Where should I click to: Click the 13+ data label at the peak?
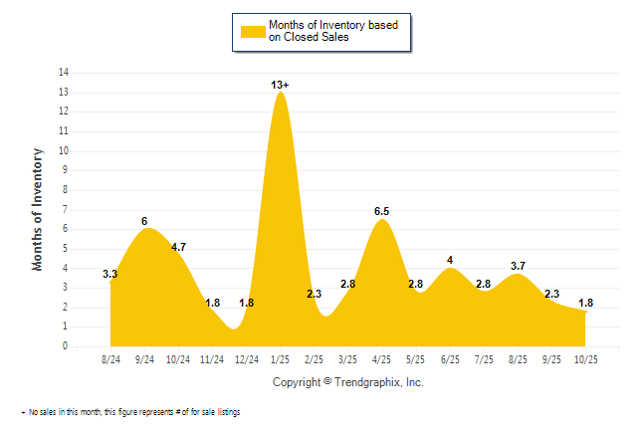282,86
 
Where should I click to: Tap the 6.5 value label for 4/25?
381,211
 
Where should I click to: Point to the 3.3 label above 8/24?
111,274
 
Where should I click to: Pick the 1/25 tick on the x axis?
280,358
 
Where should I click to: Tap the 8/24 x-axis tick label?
110,358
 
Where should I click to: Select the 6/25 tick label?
450,358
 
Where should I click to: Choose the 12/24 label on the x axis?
246,358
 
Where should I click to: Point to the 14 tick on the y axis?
64,73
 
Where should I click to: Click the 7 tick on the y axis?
66,210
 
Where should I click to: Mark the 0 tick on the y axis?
66,347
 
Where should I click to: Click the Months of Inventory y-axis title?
39,209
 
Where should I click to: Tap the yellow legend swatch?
252,31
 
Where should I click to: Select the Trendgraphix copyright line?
347,382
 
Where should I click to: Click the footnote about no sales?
129,411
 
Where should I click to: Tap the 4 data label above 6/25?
450,261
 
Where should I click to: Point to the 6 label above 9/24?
144,221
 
